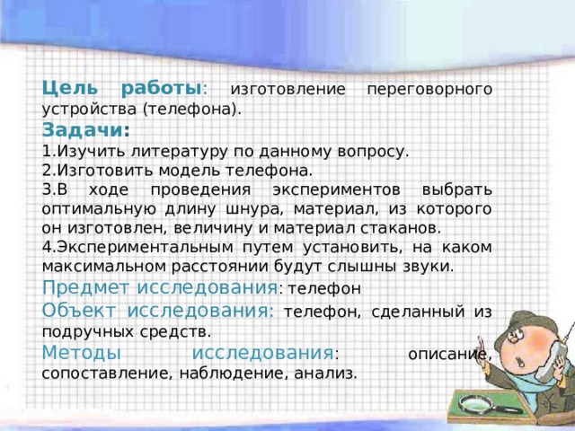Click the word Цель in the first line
coord(66,90)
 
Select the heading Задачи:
coord(86,130)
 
